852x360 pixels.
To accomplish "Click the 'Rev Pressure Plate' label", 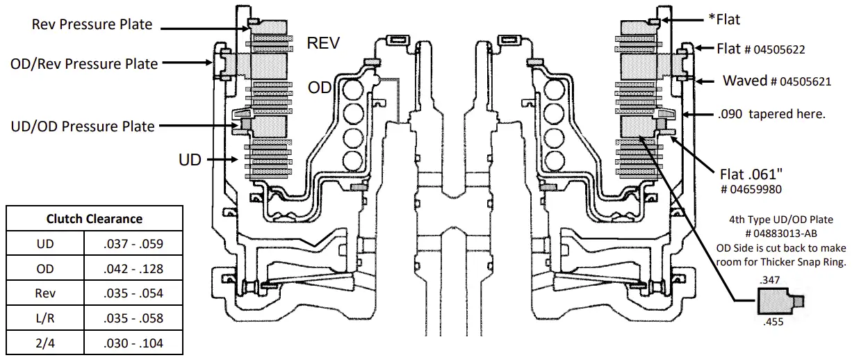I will coord(92,24).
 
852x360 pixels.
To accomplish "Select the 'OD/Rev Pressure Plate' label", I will coord(83,63).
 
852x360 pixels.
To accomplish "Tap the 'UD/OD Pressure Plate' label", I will coord(83,126).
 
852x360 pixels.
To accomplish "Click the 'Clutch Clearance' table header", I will coord(94,218).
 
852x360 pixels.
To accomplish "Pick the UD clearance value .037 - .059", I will coord(133,244).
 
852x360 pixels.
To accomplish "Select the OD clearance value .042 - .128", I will coord(133,268).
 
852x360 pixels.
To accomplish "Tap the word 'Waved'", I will coord(745,80).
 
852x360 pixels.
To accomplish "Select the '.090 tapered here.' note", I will coord(773,114).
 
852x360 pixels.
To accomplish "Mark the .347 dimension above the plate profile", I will coord(771,279).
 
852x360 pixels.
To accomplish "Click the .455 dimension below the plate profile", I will coord(773,323).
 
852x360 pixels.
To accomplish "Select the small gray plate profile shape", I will coord(776,302).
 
